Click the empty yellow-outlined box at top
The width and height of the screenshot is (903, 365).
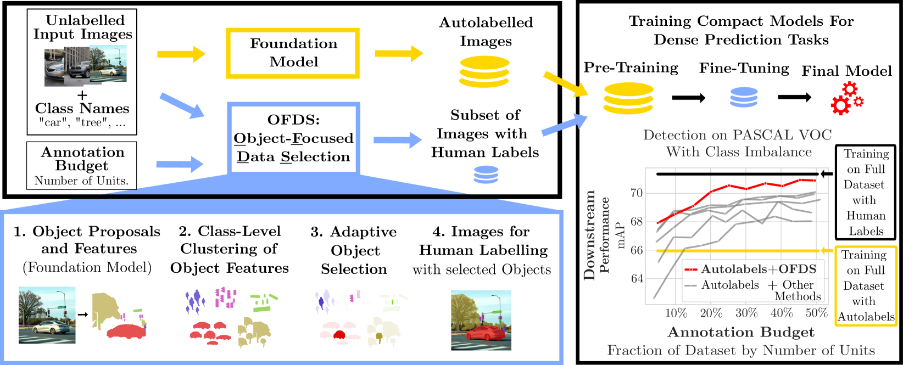[293, 53]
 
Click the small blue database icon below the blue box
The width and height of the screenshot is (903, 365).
[486, 175]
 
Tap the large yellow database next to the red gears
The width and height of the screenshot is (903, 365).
[628, 98]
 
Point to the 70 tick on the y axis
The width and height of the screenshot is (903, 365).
[636, 193]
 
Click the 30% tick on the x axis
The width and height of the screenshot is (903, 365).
[746, 313]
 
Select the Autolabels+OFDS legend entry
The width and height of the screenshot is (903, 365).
[751, 269]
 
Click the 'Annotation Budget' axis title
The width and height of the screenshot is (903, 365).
[740, 332]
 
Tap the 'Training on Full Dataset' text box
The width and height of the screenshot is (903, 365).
[866, 192]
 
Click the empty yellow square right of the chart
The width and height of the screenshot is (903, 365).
[866, 286]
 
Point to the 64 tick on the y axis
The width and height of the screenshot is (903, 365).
[636, 278]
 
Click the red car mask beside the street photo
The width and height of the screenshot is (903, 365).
[126, 330]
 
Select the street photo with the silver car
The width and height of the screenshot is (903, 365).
[47, 315]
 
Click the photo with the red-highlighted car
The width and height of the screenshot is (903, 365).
[481, 320]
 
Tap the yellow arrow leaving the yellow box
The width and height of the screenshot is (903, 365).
[399, 53]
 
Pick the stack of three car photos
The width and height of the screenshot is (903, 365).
[86, 65]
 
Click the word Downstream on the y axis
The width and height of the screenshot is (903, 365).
[589, 235]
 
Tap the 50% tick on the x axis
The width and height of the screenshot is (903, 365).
[816, 313]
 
